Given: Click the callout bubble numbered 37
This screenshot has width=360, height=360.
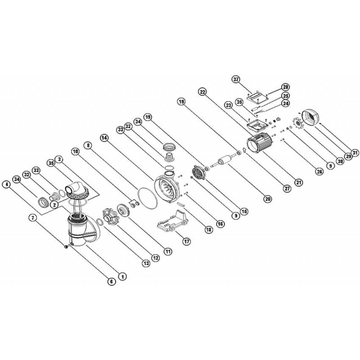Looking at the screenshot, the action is pos(236,80).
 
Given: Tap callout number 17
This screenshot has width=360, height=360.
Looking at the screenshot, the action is pos(187,242).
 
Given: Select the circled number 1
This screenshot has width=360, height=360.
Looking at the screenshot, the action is pos(123,277).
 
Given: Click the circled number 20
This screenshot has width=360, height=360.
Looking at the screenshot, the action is pos(268,198).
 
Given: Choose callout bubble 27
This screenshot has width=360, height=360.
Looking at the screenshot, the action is pos(288,189).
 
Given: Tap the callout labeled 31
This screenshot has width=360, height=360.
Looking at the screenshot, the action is pos(355,153).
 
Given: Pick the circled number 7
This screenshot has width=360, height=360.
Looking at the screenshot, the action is pos(32,218).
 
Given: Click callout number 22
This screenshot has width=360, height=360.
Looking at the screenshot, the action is pos(202,92).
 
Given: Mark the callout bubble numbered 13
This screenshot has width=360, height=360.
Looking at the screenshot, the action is pos(146,263).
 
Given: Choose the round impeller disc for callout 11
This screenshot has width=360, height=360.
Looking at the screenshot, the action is pos(123,210).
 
